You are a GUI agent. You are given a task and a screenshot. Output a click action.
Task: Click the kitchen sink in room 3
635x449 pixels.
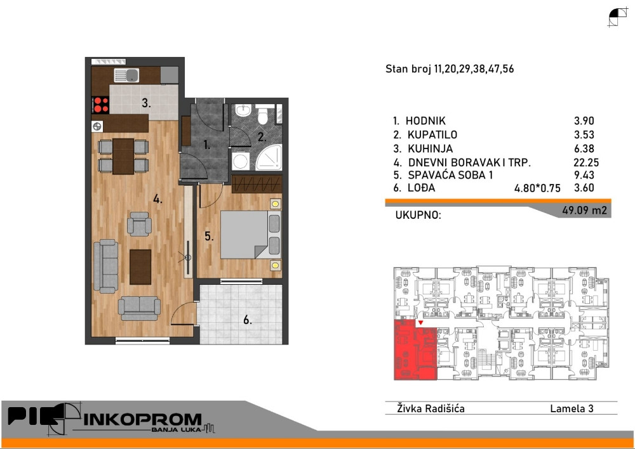127,75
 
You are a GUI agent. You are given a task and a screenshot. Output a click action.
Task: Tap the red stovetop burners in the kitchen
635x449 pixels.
100,105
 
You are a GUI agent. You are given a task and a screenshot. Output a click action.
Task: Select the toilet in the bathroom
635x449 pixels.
263,115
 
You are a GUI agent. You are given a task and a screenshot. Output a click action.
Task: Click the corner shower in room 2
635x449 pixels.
269,157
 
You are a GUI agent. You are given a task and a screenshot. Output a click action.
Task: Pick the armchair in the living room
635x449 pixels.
139,224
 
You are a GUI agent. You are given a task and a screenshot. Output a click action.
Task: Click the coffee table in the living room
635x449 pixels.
140,266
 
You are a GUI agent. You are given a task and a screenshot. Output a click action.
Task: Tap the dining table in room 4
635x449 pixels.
123,156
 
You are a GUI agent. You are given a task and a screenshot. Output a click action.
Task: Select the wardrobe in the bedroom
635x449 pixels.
257,184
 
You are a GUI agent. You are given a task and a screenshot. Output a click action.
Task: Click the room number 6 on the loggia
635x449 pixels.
247,320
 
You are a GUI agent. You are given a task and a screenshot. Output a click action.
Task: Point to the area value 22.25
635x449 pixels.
586,162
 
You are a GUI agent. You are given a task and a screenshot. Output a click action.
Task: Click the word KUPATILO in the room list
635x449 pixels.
432,134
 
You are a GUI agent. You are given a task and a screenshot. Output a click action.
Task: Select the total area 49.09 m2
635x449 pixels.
584,211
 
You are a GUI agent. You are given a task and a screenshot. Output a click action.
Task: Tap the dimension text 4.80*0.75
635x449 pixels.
537,188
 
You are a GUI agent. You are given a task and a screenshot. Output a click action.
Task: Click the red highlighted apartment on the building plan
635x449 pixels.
415,350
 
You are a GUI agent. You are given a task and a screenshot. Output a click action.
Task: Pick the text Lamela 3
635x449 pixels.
571,408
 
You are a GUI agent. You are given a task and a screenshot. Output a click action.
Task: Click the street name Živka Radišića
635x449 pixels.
431,408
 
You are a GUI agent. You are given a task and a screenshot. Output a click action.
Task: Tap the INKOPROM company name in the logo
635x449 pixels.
142,419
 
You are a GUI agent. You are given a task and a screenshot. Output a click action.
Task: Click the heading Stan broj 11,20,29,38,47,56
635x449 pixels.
450,68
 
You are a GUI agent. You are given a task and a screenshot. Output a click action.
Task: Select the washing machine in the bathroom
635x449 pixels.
241,160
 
